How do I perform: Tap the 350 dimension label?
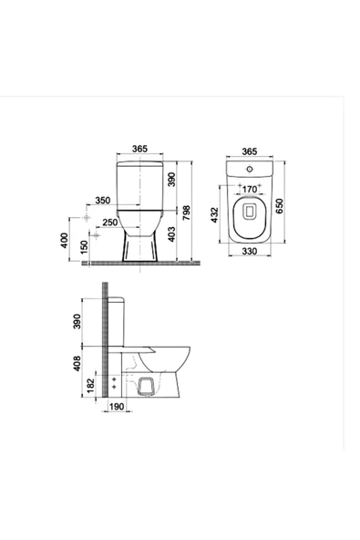pyautogui.click(x=102, y=200)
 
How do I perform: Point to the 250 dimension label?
pyautogui.click(x=109, y=223)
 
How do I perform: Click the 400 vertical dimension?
pyautogui.click(x=64, y=241)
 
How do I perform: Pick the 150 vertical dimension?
pyautogui.click(x=84, y=247)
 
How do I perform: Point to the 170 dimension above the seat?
pyautogui.click(x=248, y=192)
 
